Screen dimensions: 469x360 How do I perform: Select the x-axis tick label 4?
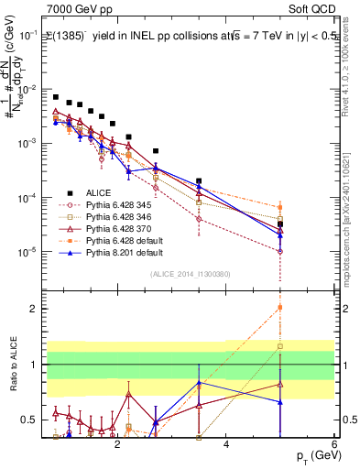pos(226,444)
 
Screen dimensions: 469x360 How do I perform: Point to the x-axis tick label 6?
pos(335,444)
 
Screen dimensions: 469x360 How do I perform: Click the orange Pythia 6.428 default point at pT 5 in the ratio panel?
pos(280,308)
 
